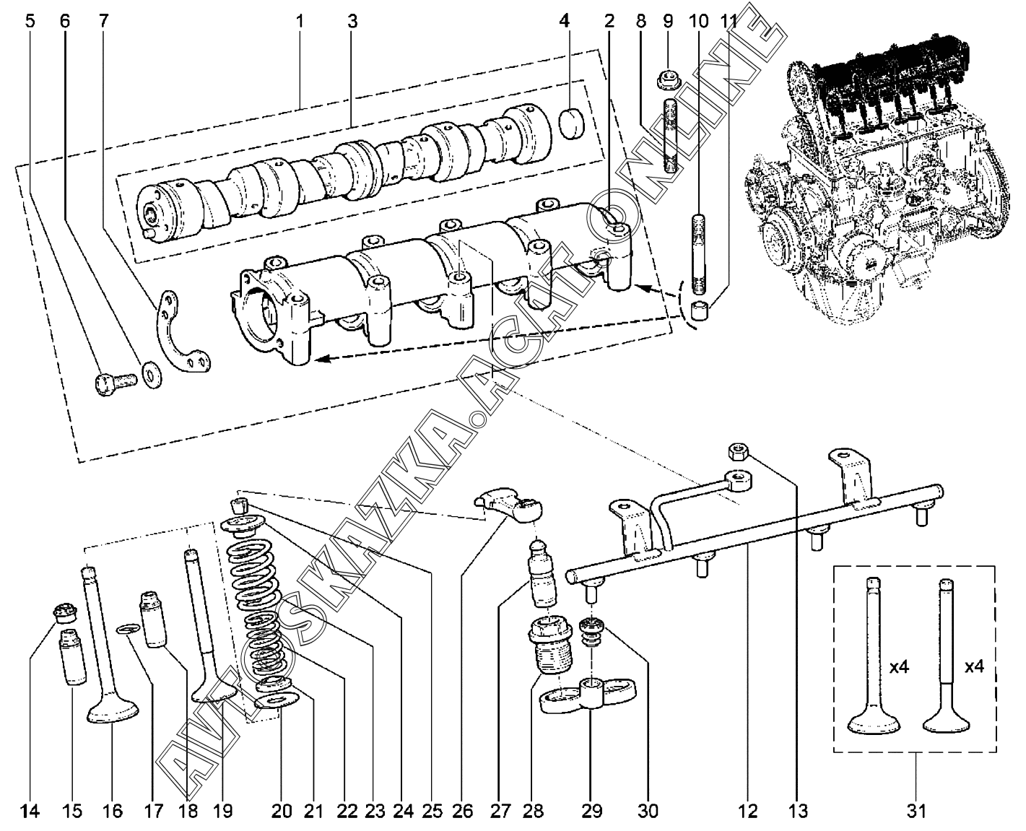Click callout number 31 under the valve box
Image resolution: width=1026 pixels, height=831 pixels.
[916, 811]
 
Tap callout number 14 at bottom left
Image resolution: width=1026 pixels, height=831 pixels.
[30, 811]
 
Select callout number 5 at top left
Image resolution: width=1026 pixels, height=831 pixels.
[30, 21]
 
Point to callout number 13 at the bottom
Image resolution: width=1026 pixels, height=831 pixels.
[798, 811]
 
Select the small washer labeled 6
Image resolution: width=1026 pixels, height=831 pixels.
[151, 375]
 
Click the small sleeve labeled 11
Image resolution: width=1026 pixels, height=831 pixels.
[700, 312]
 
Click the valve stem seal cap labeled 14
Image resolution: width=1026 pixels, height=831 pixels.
[66, 614]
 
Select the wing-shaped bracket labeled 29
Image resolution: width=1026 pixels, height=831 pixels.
[590, 694]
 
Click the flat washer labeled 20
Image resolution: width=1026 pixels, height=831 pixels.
[277, 701]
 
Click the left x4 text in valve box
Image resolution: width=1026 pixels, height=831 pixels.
[899, 668]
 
